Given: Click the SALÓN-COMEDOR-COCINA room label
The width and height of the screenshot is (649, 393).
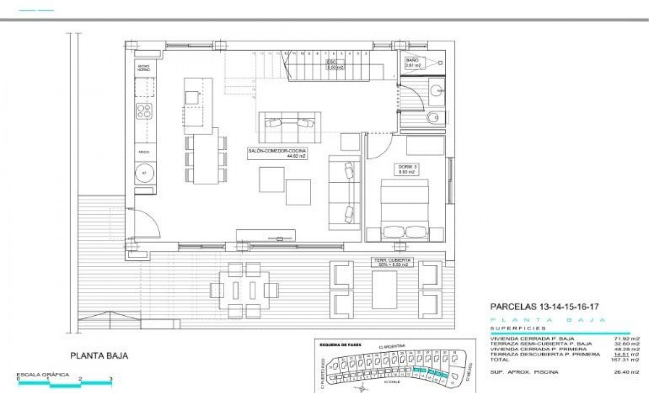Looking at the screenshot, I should tap(276, 154).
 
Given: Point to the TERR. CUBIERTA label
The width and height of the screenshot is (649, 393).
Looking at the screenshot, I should tap(392, 262).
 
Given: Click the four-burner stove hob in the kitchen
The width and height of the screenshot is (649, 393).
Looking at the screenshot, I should tap(144, 112).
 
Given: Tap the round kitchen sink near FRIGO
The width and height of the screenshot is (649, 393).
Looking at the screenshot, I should tap(145, 173).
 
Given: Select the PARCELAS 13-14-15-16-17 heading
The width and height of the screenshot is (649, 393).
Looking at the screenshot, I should tap(544, 307).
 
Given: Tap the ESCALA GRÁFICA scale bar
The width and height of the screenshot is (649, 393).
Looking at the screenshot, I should tap(65, 383).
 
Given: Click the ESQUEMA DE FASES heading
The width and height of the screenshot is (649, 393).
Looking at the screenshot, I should tap(340, 345).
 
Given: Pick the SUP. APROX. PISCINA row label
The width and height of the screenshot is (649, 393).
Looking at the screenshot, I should tap(524, 372).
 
